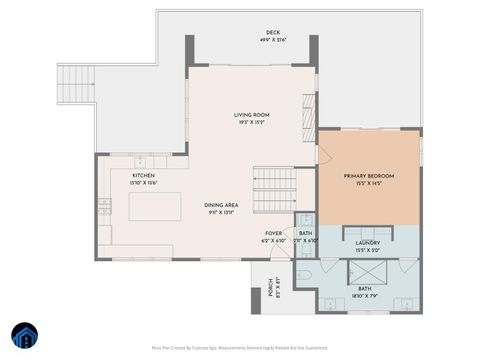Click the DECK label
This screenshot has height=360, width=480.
[272, 33]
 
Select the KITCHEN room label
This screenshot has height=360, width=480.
[144, 175]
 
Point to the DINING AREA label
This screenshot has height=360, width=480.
[221, 205]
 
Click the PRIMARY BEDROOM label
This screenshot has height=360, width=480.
[368, 176]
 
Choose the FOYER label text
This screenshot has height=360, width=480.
[274, 233]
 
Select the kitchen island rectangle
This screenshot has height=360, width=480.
[154, 206]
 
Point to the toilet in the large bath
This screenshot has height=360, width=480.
[304, 272]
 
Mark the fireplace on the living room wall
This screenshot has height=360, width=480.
[309, 117]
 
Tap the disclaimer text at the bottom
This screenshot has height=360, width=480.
[240, 347]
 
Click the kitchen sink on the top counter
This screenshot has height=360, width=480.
[141, 161]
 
